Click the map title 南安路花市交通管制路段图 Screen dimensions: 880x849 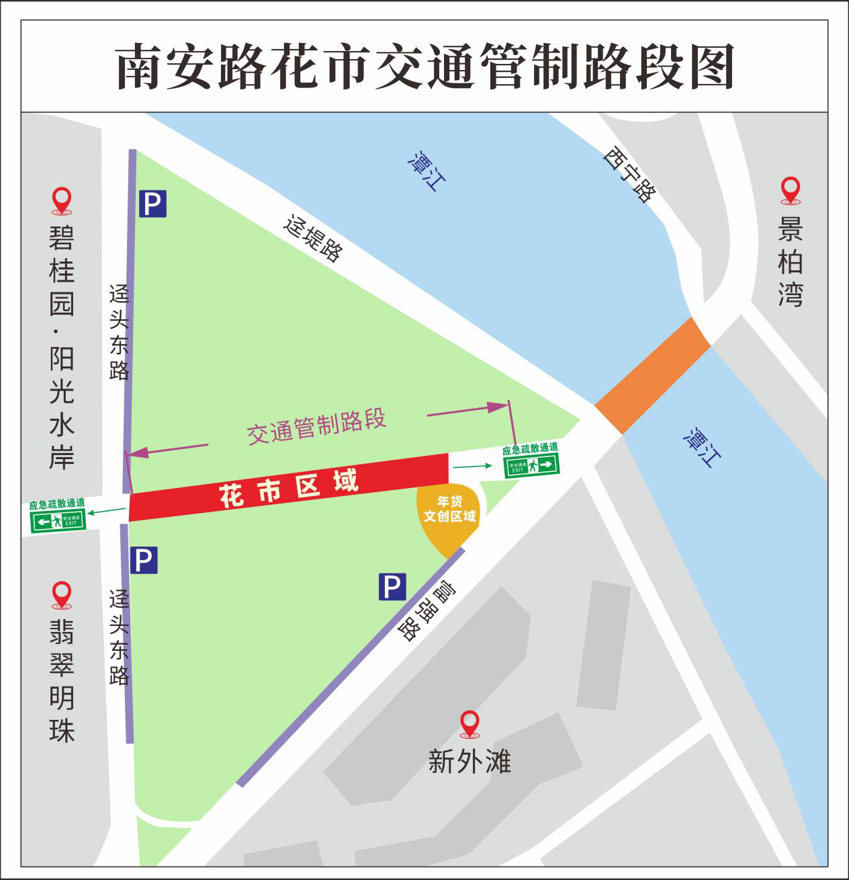tap(424, 67)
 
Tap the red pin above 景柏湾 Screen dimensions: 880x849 tap(791, 190)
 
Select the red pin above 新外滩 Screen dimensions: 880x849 tap(470, 723)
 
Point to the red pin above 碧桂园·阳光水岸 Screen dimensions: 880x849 tap(62, 200)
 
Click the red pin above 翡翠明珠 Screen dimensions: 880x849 tap(62, 594)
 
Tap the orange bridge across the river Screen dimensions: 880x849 tap(652, 375)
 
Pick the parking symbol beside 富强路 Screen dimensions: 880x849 tap(392, 586)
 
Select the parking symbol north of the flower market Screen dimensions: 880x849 tap(152, 203)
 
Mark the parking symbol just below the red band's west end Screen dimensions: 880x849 tap(144, 560)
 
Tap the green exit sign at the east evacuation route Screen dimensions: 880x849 tap(532, 464)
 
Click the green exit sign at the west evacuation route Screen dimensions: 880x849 tap(58, 520)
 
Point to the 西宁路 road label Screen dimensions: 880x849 tap(629, 174)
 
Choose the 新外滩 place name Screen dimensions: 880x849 tap(470, 762)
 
